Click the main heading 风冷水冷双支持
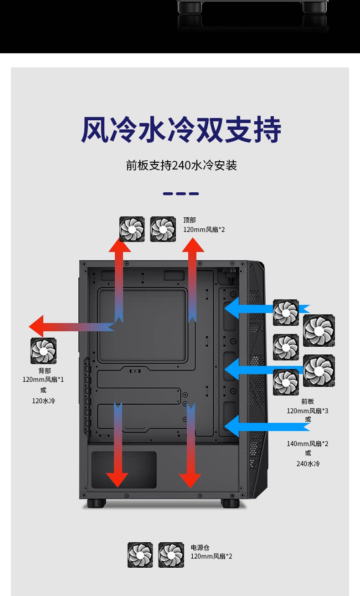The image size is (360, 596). pos(181,130)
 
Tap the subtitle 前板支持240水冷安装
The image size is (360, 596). pos(181,165)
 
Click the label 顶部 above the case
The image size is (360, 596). pos(190,220)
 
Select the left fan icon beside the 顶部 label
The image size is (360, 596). pos(132,229)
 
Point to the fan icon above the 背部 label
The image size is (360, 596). pos(43,351)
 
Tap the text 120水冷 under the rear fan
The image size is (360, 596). pos(43,401)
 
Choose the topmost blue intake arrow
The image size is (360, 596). pos(233,308)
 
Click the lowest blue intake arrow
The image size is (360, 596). pos(233,426)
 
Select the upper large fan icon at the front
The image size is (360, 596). pos(319,330)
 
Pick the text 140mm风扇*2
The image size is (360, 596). pos(307,443)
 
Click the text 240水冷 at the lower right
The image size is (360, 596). pos(308,463)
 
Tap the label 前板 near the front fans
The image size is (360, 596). pos(308,401)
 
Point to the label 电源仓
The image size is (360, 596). pos(200,547)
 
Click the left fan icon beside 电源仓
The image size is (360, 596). pos(140,555)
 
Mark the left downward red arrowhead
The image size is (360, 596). pos(118,479)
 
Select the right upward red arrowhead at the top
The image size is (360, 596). pos(193,245)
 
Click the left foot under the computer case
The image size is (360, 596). pos(97,503)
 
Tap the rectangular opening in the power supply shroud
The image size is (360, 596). pos(124,469)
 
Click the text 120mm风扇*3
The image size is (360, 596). pos(307,411)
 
